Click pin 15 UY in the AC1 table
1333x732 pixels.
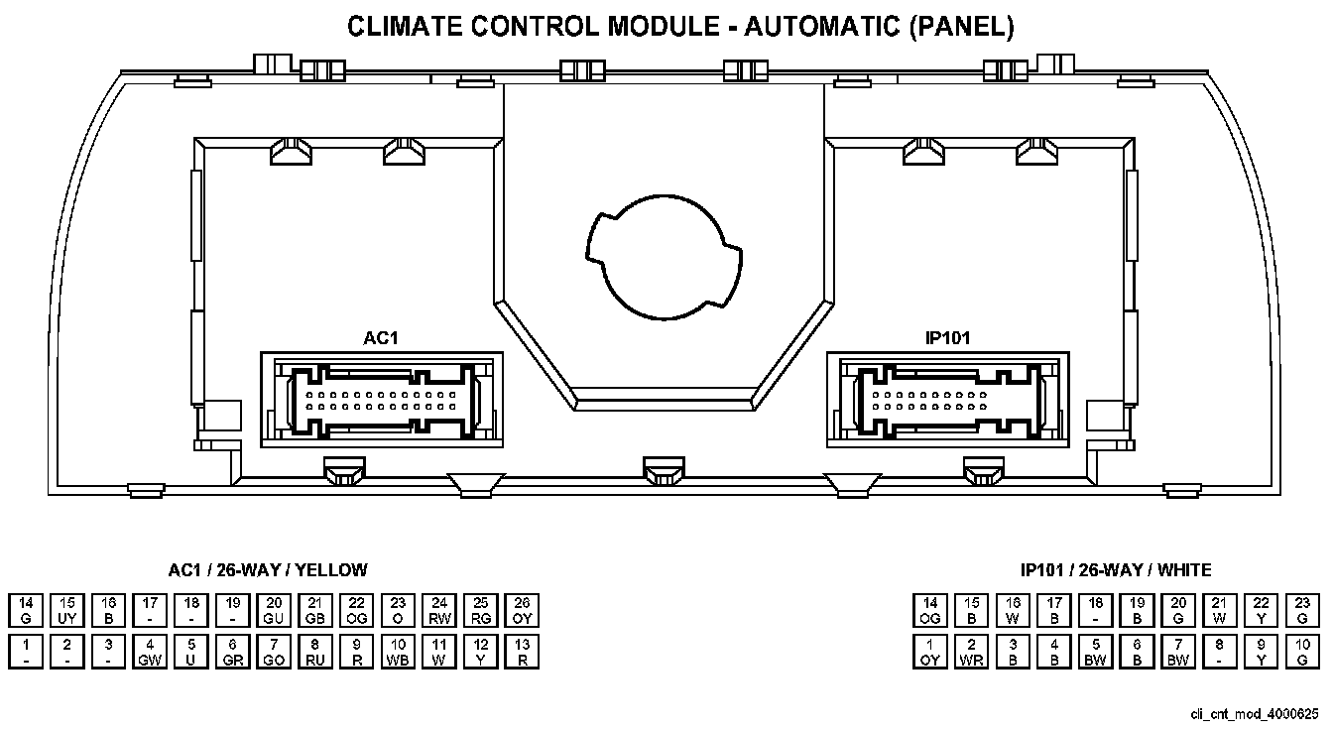coord(67,610)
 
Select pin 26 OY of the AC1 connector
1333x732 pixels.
coord(522,610)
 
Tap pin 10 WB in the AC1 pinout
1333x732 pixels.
coord(398,652)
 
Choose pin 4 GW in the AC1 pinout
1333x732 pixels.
coord(150,652)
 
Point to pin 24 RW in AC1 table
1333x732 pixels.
coord(439,610)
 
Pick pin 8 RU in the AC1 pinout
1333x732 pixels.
coord(315,652)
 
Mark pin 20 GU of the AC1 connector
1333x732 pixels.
coord(274,610)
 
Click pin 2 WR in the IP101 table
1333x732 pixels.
coord(972,652)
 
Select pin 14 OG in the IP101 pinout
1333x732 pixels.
coord(930,610)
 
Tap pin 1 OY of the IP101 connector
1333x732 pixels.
coord(930,652)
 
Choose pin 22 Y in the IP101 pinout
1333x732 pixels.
coord(1261,610)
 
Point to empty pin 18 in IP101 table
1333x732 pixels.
coord(1096,610)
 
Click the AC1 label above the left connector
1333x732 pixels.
coord(380,338)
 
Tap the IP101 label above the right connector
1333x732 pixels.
coord(948,338)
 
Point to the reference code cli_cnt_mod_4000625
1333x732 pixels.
coord(1255,713)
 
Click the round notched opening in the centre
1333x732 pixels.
coord(662,256)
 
